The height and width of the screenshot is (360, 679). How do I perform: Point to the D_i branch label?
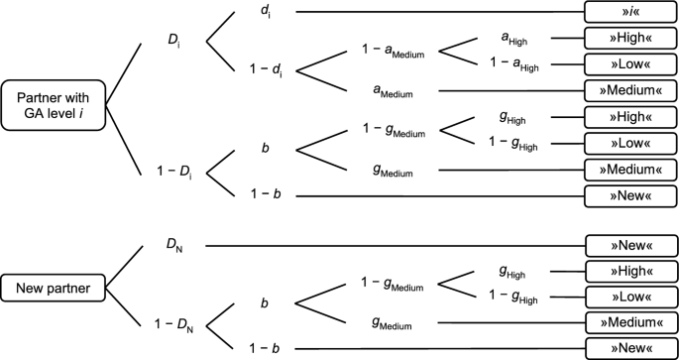click(173, 44)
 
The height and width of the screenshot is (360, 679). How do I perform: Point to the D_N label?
click(173, 244)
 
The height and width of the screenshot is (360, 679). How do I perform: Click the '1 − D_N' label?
click(173, 323)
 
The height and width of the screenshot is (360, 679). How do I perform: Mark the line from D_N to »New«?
click(396, 245)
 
